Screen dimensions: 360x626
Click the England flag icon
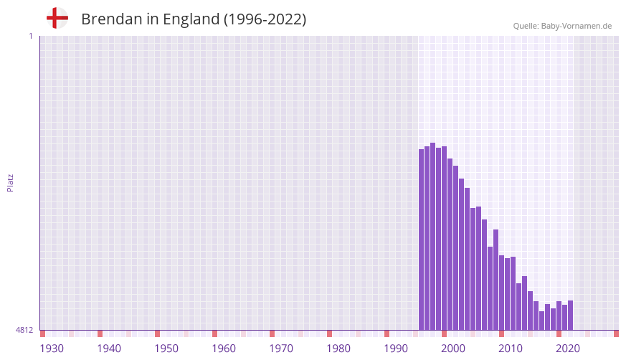[x=57, y=18]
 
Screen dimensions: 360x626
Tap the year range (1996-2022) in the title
[x=265, y=19]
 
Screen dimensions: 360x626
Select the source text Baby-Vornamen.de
[x=576, y=26]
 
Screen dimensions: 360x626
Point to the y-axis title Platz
[x=10, y=182]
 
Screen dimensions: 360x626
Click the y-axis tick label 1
[x=30, y=36]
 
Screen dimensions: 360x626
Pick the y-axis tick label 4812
[x=24, y=331]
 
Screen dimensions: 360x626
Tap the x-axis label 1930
[x=52, y=349]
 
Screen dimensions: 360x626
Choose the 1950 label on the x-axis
[x=166, y=349]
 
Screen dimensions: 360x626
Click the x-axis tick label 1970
[x=281, y=349]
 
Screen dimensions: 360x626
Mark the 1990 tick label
[x=396, y=349]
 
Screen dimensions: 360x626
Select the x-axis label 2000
[x=453, y=349]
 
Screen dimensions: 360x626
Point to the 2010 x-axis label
[x=511, y=349]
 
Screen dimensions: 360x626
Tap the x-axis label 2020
[x=568, y=349]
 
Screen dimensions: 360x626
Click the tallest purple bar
[x=432, y=237]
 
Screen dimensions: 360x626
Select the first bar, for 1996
[x=422, y=240]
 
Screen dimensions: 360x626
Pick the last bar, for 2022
[x=570, y=316]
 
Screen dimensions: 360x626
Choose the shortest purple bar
[x=541, y=321]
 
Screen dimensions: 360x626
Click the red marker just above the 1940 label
[x=100, y=333]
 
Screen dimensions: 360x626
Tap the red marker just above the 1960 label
[x=214, y=333]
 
